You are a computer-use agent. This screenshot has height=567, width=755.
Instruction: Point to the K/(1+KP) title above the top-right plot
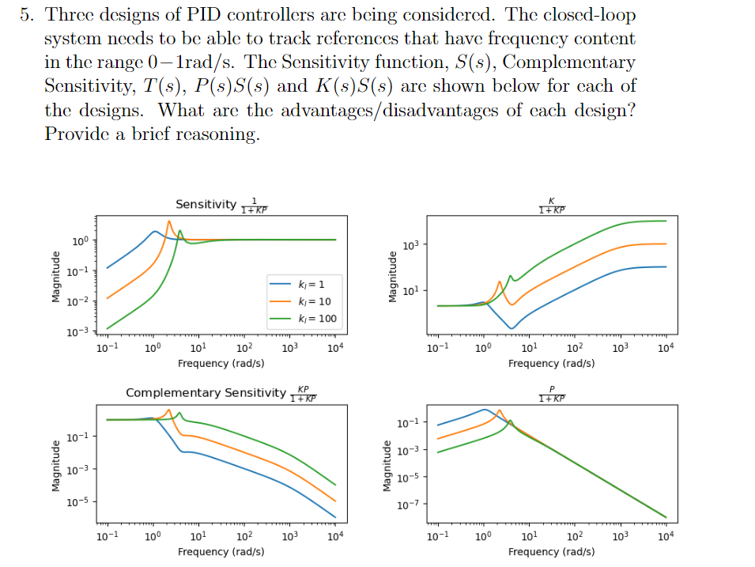pos(552,205)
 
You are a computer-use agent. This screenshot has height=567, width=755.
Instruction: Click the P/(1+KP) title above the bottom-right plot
pos(552,393)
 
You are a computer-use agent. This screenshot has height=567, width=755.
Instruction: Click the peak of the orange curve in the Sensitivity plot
pos(169,221)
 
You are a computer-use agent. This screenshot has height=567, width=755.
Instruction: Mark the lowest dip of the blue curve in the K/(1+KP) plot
pos(512,328)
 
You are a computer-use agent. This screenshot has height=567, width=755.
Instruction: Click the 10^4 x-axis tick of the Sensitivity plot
pos(334,349)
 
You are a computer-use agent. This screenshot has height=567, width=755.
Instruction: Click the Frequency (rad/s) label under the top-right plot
pos(551,363)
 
